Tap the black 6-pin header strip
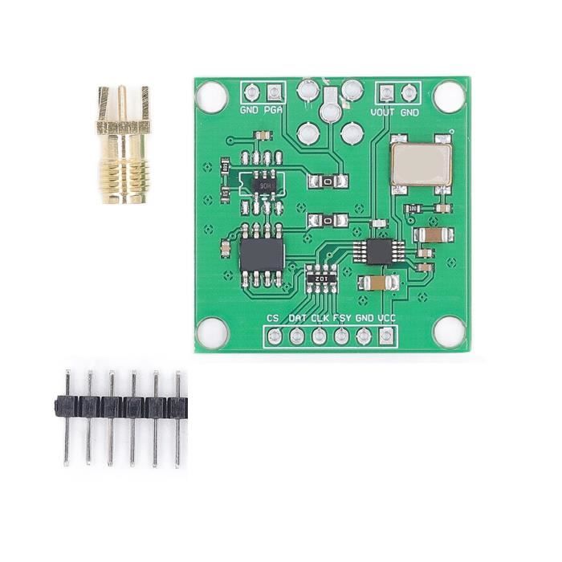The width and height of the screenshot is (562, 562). tap(123, 406)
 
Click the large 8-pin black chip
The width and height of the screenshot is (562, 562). tap(262, 255)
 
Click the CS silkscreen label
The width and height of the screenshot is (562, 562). tap(273, 319)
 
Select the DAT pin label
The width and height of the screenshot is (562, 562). tap(297, 319)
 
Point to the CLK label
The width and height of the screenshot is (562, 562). tap(320, 319)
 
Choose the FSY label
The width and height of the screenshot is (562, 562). tap(342, 319)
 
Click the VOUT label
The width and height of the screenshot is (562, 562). tap(383, 112)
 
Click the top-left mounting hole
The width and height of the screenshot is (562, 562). tap(212, 97)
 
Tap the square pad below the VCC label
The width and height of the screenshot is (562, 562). tap(387, 336)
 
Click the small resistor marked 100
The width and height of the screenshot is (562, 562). tap(412, 209)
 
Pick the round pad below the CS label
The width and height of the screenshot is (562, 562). tap(274, 336)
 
